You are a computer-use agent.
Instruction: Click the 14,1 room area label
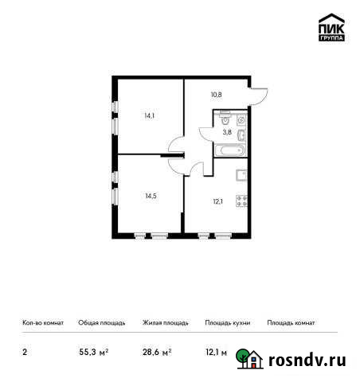click(x=149, y=115)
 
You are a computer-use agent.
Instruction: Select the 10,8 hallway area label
click(x=216, y=94)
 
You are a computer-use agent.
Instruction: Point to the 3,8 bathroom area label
click(x=227, y=133)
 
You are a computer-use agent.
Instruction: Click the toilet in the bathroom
click(x=228, y=122)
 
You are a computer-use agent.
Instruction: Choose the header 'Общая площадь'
click(x=101, y=323)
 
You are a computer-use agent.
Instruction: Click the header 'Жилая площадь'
click(x=165, y=323)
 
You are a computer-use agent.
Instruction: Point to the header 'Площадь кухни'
click(x=228, y=323)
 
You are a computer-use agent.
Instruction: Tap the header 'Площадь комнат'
click(x=292, y=323)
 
